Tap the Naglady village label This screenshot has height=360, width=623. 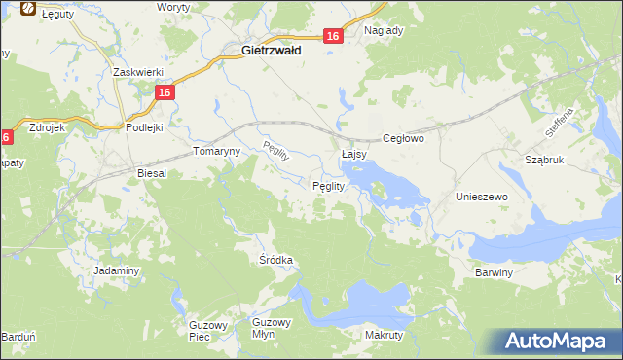(x=384, y=30)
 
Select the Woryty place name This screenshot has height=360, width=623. (x=174, y=7)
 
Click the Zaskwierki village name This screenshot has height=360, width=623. (x=136, y=72)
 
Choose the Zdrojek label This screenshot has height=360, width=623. (x=48, y=126)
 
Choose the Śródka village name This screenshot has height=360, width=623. (x=275, y=261)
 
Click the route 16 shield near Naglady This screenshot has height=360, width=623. (x=333, y=36)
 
